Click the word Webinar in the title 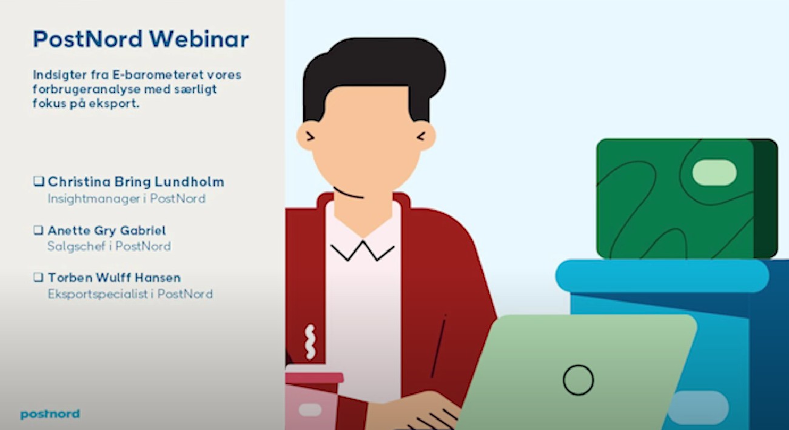(x=199, y=39)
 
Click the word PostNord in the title (x=88, y=39)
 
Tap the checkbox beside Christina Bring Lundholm (x=38, y=181)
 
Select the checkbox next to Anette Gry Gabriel (x=38, y=230)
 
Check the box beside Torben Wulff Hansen (x=38, y=277)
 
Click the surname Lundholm (x=189, y=182)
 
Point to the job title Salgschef (x=77, y=246)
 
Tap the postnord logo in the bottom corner (x=50, y=414)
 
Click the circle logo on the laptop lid (x=578, y=380)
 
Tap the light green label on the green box (x=714, y=173)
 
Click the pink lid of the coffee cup (x=314, y=378)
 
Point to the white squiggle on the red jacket (x=310, y=342)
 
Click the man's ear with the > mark (x=307, y=136)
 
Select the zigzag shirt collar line (x=362, y=250)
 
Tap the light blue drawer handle (x=698, y=408)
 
